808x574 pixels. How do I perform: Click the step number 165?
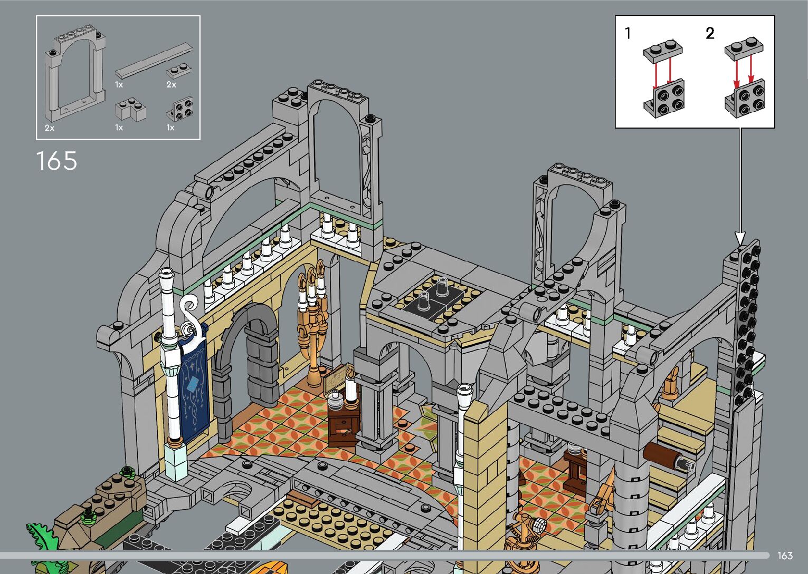tap(56, 161)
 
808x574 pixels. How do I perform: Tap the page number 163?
tap(785, 556)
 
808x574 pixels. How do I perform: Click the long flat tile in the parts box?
tap(154, 61)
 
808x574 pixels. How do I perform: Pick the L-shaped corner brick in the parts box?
tap(130, 110)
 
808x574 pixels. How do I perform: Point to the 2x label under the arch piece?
tap(50, 128)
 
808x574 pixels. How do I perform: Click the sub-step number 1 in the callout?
tap(628, 33)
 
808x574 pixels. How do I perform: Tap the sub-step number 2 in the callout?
tap(710, 33)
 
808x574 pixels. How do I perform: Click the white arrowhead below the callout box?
tap(740, 238)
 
